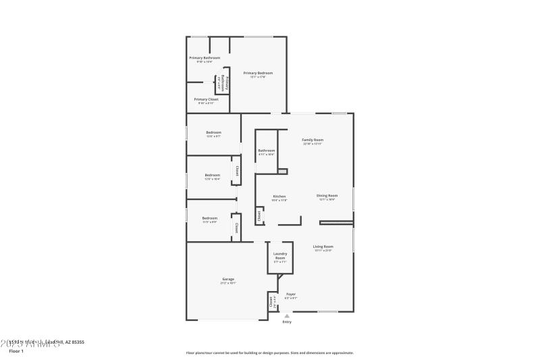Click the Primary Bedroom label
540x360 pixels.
click(258, 72)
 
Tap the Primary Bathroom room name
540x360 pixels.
click(203, 57)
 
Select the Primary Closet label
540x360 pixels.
click(205, 99)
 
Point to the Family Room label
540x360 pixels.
click(313, 139)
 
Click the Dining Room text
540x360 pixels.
click(327, 195)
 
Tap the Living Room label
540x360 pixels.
click(323, 247)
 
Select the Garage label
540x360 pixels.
click(228, 279)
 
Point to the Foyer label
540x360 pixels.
click(291, 294)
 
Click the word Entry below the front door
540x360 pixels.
click(287, 322)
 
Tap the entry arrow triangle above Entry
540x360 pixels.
click(287, 315)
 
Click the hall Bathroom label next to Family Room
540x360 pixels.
click(266, 150)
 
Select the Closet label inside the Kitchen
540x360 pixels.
click(259, 215)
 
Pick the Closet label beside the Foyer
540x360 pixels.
click(271, 301)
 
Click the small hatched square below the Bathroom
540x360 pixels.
click(283, 172)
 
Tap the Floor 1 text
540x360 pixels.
click(16, 351)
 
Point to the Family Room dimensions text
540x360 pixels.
click(313, 144)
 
